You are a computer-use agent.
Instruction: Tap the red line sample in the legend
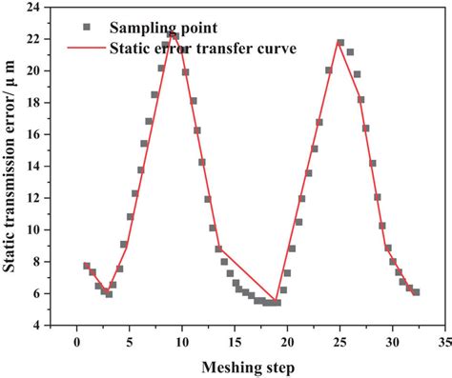(88, 47)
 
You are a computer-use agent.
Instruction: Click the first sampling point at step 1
(87, 267)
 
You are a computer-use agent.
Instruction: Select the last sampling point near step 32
(416, 292)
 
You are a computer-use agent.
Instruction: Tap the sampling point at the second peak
(340, 43)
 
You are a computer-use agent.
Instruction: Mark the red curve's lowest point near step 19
(277, 303)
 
